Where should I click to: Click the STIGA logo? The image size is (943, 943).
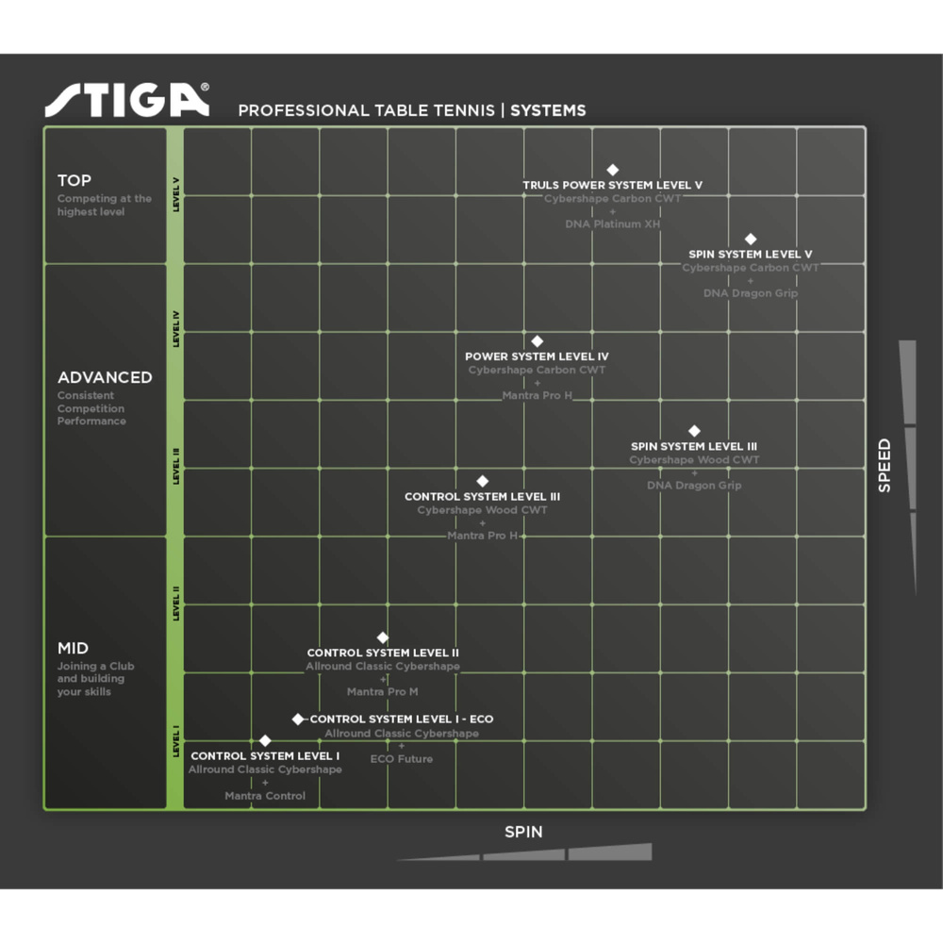point(126,100)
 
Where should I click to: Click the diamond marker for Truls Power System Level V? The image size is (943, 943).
point(612,170)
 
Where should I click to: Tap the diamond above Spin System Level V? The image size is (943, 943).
point(751,239)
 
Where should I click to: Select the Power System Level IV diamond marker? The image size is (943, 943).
point(537,341)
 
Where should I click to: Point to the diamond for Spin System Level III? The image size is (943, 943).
point(694,431)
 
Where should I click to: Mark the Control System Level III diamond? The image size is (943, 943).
point(482,481)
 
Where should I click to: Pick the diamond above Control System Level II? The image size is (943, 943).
point(382,637)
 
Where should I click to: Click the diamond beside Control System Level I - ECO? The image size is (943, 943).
point(298,719)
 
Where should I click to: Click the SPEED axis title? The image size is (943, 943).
point(884,465)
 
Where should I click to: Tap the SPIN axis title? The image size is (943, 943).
point(523,832)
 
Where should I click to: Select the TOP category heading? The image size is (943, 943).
point(74,180)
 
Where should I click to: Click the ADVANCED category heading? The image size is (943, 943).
point(105,377)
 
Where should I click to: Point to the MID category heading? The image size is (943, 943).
point(74,648)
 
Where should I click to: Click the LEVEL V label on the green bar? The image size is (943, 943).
point(176,195)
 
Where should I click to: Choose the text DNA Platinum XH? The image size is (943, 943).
point(612,224)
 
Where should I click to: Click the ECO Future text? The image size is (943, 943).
point(401,758)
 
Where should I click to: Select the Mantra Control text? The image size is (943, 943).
point(265,796)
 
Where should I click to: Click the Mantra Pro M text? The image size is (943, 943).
point(382,692)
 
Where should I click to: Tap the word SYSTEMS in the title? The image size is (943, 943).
point(548,110)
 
